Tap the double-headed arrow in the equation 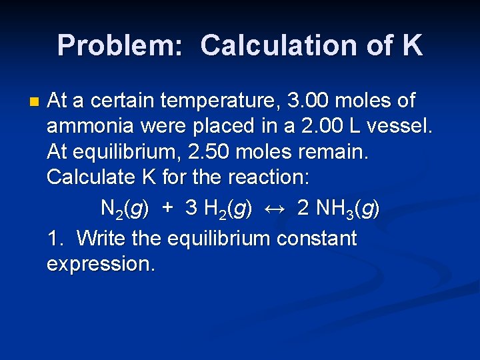[x=275, y=209]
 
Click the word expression [x=101, y=265]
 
